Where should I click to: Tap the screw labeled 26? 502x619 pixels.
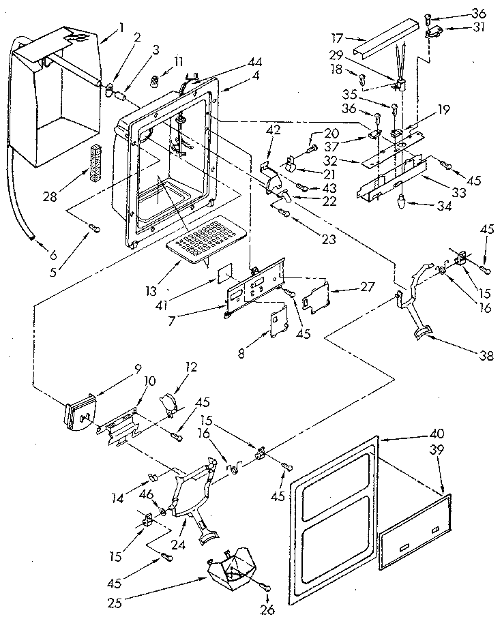pos(265,588)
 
